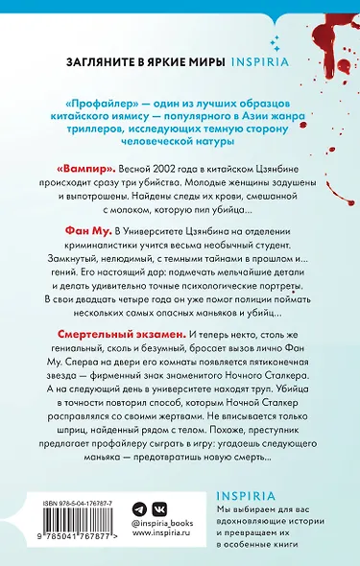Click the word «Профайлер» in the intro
coord(93,99)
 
